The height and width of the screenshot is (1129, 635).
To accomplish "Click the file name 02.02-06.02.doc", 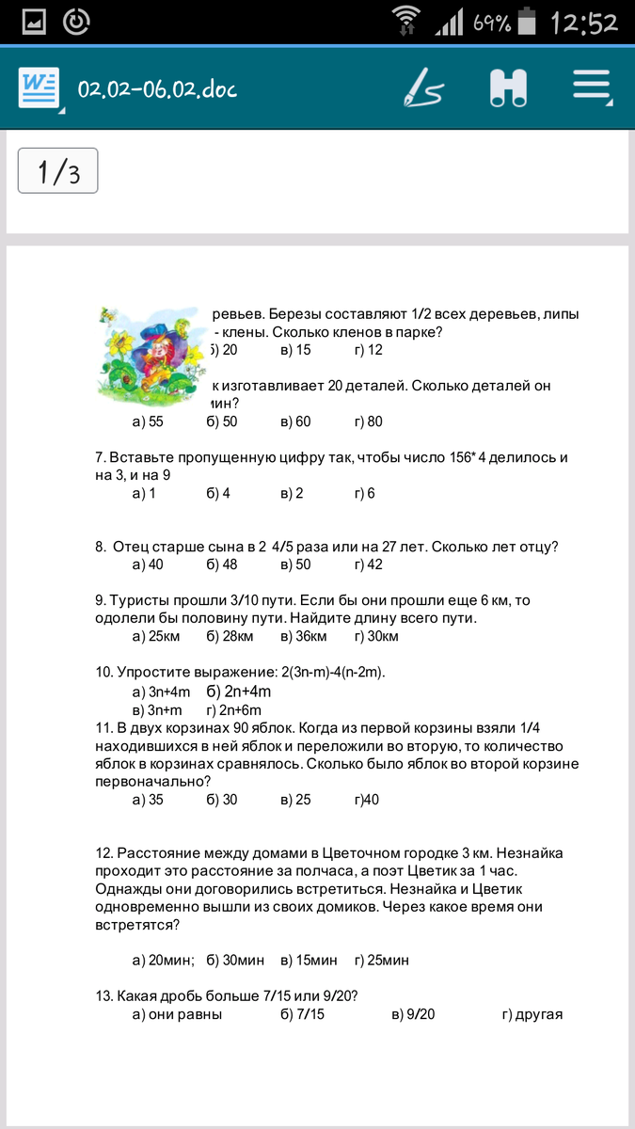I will pyautogui.click(x=157, y=89).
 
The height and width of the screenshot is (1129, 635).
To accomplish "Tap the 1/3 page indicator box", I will pyautogui.click(x=58, y=171).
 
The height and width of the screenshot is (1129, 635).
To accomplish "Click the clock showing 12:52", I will pyautogui.click(x=584, y=22).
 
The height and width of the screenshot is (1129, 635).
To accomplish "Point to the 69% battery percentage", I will pyautogui.click(x=492, y=23).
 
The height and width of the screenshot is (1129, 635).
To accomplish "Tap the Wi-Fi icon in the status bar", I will pyautogui.click(x=407, y=21).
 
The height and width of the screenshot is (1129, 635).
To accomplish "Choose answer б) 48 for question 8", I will pyautogui.click(x=222, y=564).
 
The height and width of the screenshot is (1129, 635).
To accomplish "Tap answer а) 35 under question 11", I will pyautogui.click(x=148, y=800).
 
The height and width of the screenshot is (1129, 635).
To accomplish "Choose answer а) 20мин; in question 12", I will pyautogui.click(x=163, y=961).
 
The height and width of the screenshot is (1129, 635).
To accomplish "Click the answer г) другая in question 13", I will pyautogui.click(x=532, y=1014).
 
